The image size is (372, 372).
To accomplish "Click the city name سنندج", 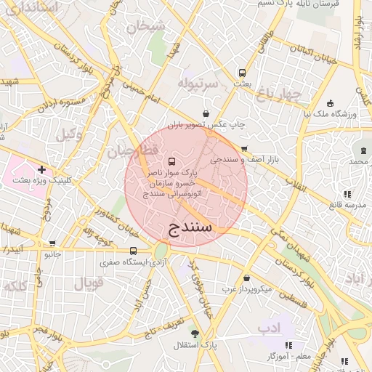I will coord(190,227).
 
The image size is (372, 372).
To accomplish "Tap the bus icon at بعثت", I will coord(242,73).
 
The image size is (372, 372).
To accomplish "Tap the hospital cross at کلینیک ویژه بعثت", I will coord(42,169).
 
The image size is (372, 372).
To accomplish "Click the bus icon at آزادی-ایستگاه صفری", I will coord(132,251).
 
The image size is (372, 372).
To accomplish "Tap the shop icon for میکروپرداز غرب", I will coord(246,278).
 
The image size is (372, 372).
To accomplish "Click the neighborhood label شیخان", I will coord(146,27).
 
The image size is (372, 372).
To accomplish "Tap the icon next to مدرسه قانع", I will coord(347,194).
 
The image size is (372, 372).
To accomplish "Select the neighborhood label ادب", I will coord(269,328).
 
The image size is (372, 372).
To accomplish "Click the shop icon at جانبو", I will coord(52,243).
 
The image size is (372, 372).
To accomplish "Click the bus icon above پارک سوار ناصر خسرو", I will coord(171,161).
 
